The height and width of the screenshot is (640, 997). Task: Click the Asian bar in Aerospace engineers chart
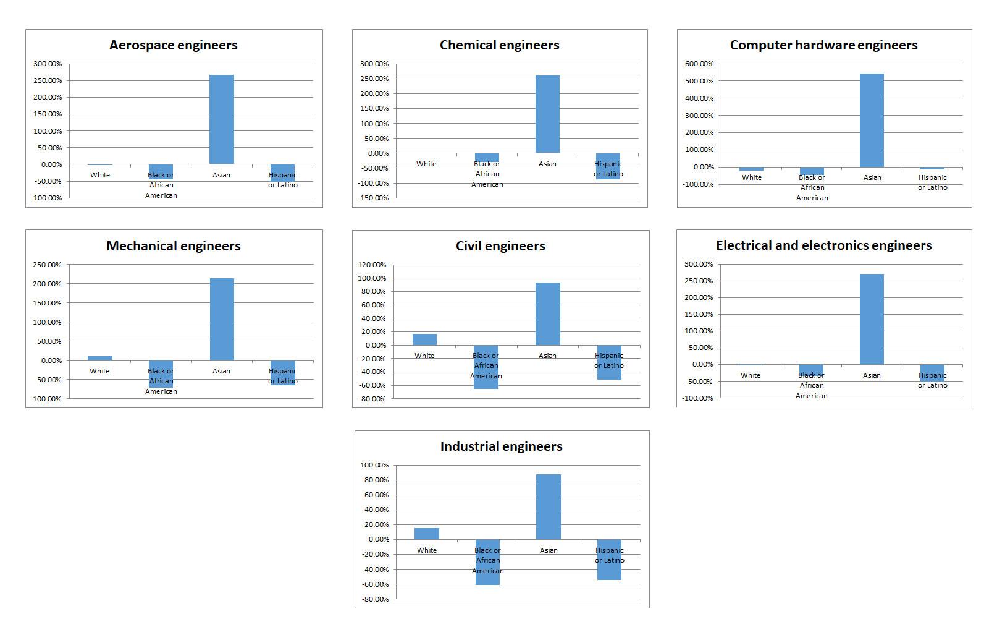coord(221,119)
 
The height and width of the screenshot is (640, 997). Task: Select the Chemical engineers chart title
coord(499,45)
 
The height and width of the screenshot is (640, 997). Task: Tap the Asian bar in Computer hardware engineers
coord(872,121)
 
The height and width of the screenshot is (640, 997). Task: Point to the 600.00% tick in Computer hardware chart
coord(699,64)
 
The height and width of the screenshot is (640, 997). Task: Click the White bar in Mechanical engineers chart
coord(100,358)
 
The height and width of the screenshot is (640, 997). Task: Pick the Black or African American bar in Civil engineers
coord(486,367)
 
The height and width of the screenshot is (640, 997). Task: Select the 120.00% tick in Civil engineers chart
coord(372,265)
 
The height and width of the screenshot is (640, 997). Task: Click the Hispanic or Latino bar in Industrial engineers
coord(609,560)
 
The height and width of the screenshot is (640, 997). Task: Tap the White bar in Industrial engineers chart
coord(427,534)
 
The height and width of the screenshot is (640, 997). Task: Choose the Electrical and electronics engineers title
coord(823,245)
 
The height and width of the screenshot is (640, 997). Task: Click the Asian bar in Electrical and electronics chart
coord(872,319)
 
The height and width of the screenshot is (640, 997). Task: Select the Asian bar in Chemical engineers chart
coord(547,114)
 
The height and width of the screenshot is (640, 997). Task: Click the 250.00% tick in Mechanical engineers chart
coord(47,265)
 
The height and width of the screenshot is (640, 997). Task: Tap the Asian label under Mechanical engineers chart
coord(221,371)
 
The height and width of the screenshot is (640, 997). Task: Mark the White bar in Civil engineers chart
coord(424,339)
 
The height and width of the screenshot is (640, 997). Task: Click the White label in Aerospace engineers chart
coord(100,175)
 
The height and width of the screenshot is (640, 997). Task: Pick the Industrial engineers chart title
coord(501,446)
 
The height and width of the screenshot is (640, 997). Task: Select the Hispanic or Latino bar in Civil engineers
coord(609,362)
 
